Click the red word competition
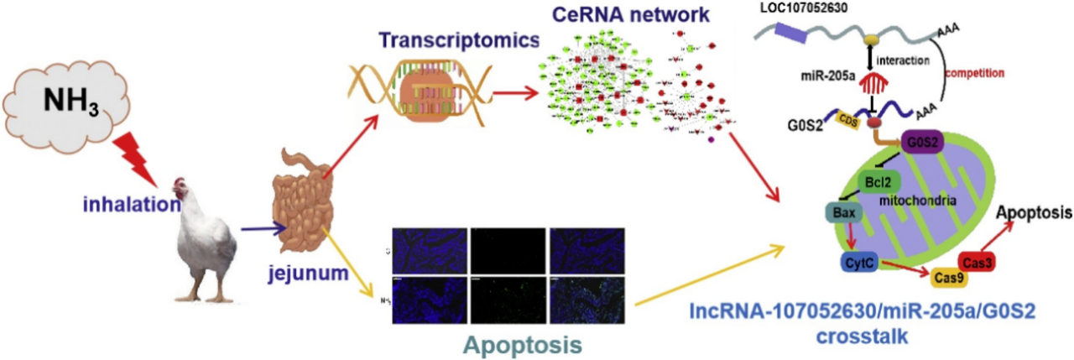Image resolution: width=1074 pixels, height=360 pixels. (x=974, y=73)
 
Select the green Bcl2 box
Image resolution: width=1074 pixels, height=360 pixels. (x=878, y=181)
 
